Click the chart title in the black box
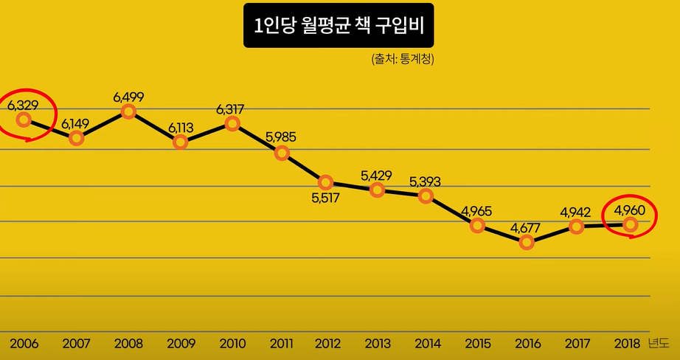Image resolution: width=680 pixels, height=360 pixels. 339,27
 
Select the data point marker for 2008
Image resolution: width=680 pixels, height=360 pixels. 128,111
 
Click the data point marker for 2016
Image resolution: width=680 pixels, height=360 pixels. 527,242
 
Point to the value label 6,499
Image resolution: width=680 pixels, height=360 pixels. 128,97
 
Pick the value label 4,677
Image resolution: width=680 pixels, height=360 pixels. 527,227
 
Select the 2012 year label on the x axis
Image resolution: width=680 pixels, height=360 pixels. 327,344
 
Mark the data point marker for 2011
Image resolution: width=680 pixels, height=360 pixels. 282,153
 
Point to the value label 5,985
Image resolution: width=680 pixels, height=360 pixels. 281,137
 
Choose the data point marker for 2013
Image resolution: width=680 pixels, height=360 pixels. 377,190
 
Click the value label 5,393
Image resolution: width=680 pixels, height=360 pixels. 425,181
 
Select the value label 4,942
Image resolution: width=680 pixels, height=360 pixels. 575,212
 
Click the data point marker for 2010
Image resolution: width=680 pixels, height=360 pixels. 232,123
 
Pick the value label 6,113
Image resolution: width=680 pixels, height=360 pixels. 180,127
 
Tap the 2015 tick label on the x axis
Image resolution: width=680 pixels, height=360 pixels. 478,344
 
